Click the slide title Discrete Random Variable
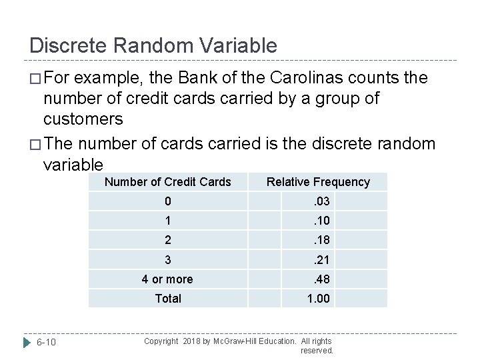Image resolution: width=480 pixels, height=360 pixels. click(x=153, y=45)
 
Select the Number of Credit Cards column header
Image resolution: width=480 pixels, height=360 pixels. click(x=168, y=182)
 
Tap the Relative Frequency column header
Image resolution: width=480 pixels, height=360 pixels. click(x=318, y=182)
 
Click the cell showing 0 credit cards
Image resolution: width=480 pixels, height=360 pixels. click(x=168, y=201)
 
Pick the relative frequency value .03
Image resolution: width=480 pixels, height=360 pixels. click(x=318, y=201)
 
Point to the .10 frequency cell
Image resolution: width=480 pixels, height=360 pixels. click(x=318, y=221)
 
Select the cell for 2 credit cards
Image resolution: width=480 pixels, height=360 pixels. click(x=168, y=240)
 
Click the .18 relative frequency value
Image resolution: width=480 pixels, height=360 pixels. click(x=318, y=240)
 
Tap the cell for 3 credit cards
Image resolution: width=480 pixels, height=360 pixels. click(x=168, y=259)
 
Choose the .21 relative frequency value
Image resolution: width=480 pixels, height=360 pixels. click(x=318, y=259)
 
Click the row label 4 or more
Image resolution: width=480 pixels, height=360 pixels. click(x=167, y=279)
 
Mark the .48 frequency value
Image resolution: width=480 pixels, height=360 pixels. click(x=318, y=279)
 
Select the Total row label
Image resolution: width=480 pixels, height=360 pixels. click(x=168, y=298)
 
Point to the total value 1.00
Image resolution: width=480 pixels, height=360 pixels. click(x=318, y=298)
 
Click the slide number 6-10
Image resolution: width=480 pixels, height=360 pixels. click(x=46, y=342)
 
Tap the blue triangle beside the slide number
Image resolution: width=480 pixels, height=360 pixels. click(x=27, y=342)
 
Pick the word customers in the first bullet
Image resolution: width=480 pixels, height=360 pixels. click(x=83, y=119)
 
